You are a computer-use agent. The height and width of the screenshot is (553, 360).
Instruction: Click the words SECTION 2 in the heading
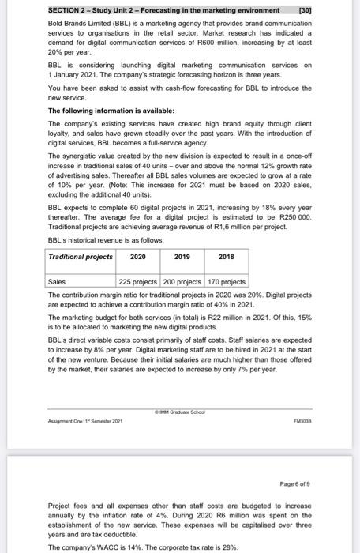click(67, 10)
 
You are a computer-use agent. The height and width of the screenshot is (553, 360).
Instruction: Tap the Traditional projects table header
click(81, 257)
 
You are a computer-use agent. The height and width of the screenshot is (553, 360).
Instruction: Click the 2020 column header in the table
click(137, 257)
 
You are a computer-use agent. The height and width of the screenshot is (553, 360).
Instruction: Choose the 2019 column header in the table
click(182, 257)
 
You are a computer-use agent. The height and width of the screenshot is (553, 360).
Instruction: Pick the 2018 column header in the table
click(227, 257)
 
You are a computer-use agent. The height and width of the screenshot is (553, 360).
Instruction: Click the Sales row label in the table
click(58, 280)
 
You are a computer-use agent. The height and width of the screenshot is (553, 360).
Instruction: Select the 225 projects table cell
click(138, 280)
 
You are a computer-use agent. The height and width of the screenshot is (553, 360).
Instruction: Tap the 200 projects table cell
click(182, 280)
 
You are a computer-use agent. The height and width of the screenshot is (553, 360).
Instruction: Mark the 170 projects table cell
click(227, 280)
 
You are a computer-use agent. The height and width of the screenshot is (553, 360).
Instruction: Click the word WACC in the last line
click(102, 546)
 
